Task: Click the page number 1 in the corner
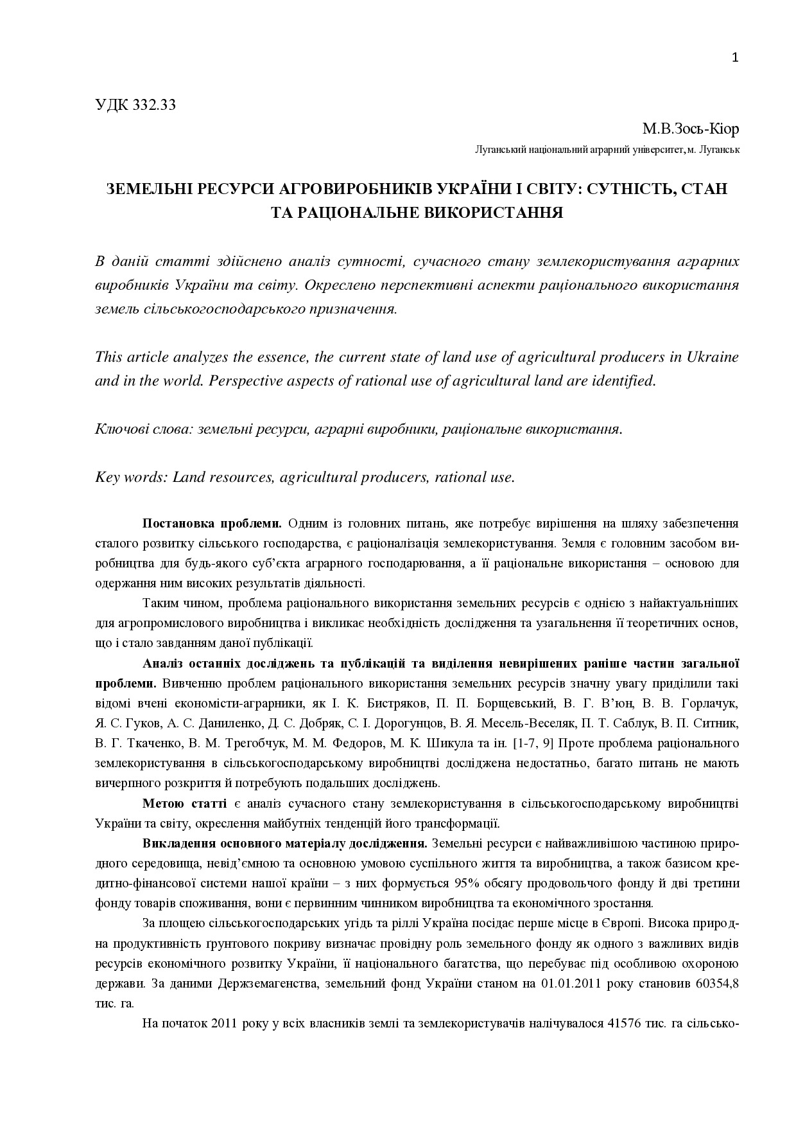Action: pos(735,58)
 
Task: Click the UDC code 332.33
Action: pos(155,105)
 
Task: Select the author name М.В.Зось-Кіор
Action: pos(691,129)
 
